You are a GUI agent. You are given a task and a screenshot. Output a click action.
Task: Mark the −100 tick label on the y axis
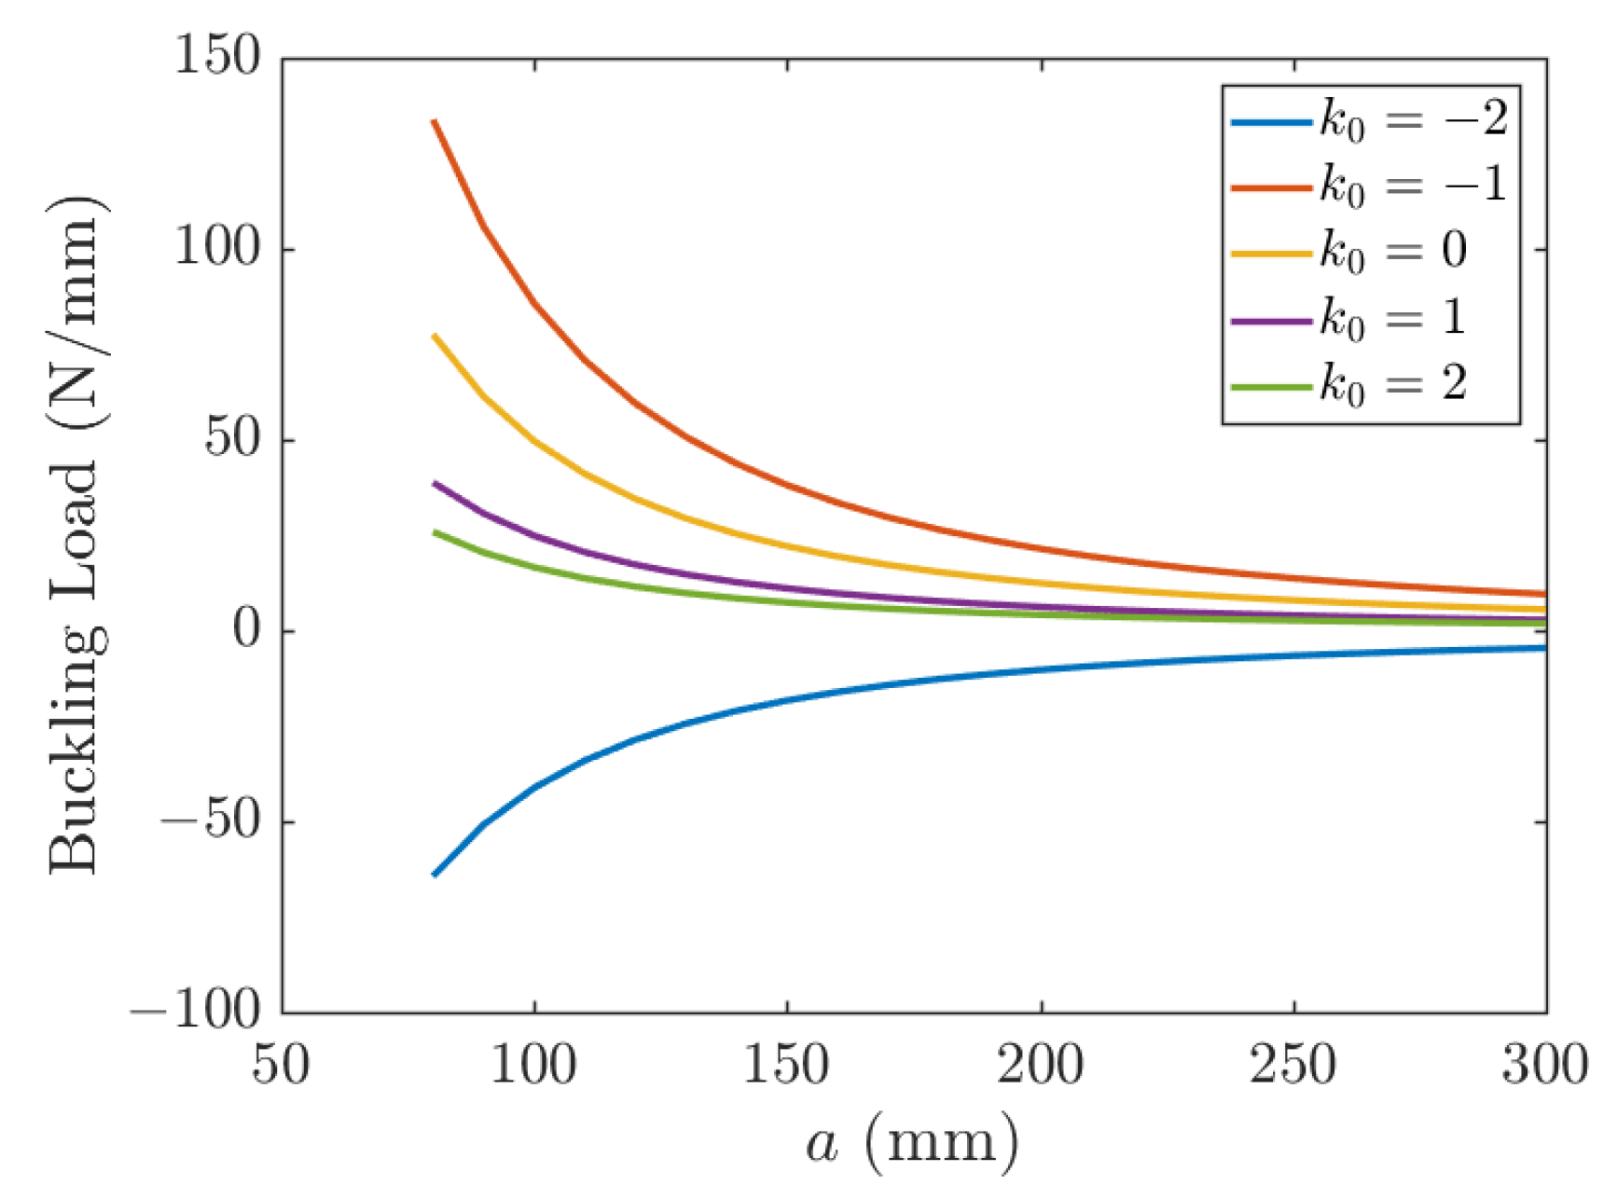tap(195, 1012)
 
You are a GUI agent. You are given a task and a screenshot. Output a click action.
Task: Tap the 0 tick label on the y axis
tap(246, 629)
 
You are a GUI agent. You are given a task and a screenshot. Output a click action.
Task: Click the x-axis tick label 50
tap(281, 1064)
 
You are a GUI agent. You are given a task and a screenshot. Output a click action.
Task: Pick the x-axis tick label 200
tap(1040, 1064)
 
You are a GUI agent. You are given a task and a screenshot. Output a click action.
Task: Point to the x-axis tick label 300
tap(1544, 1064)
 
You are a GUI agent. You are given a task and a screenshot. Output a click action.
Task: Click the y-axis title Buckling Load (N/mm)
tap(75, 535)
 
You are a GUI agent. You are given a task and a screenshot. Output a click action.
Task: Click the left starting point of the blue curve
tap(435, 875)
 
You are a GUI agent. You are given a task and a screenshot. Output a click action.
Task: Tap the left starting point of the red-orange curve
tap(435, 121)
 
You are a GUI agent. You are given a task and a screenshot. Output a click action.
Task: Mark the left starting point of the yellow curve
tap(435, 335)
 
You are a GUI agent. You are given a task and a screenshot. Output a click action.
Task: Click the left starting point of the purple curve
tap(435, 483)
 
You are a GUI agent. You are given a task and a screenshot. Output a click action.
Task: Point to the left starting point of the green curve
tap(435, 531)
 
